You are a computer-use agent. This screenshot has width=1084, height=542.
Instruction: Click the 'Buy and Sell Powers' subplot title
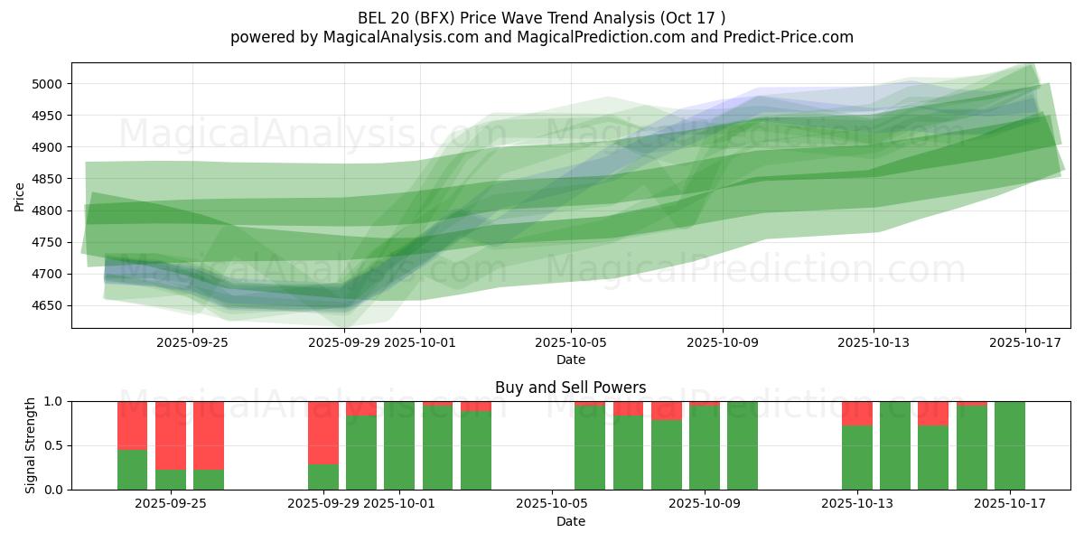point(570,388)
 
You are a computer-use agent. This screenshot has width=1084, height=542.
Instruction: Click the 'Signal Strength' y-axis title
point(31,445)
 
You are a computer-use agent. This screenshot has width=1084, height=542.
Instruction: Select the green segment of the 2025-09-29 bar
point(322,477)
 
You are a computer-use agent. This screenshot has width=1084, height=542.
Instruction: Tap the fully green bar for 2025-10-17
point(1010,445)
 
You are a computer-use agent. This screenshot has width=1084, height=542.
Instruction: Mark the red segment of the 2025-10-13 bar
point(856,414)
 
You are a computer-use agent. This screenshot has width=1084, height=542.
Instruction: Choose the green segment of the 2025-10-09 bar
point(705,448)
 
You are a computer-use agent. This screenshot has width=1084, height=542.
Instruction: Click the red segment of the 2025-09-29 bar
point(322,433)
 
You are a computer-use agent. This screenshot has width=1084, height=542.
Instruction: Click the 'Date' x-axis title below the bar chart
point(570,521)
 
